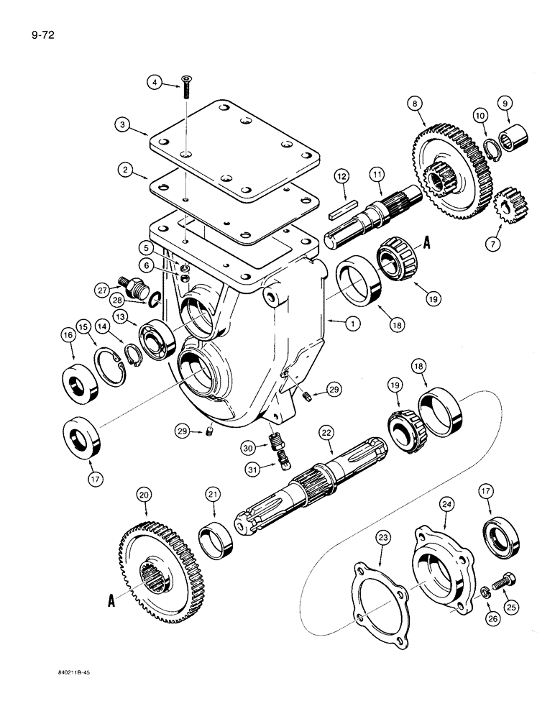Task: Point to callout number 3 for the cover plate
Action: point(125,124)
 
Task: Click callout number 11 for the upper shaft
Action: point(377,174)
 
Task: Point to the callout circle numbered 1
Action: point(352,324)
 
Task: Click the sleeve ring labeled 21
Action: point(217,541)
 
